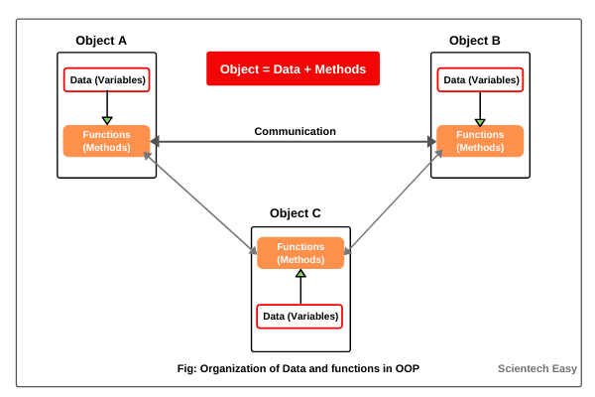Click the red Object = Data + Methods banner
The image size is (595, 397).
point(293,69)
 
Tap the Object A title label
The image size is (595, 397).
point(101,41)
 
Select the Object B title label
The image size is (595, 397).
point(474,41)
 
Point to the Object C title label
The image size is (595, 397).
point(295,213)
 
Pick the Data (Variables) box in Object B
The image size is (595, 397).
point(481,79)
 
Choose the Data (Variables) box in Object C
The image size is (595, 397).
point(299,317)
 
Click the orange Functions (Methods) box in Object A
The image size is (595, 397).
point(106,141)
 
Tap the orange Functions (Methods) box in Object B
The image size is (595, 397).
point(480,141)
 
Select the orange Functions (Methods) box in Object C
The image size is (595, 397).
point(299,253)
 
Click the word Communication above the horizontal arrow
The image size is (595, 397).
point(295,131)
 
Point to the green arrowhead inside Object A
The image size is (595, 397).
point(107,120)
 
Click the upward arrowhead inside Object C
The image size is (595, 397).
point(299,275)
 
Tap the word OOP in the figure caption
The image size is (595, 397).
point(407,369)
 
